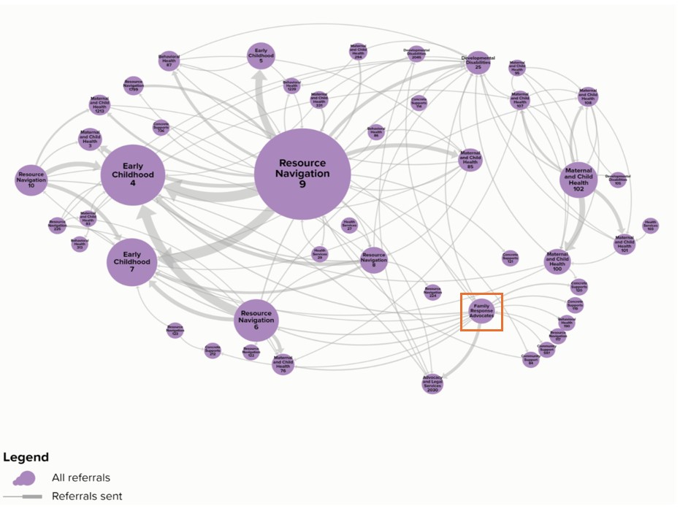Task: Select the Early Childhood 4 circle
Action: click(133, 175)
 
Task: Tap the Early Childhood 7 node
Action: click(132, 261)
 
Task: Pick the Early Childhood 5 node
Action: click(261, 56)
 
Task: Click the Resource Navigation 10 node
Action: click(31, 180)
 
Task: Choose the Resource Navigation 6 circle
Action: click(256, 320)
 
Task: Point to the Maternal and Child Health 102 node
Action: click(578, 179)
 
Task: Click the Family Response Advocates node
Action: click(481, 311)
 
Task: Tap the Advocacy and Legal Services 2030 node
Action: click(432, 383)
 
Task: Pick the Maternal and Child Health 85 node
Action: click(470, 160)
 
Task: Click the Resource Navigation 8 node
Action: click(373, 261)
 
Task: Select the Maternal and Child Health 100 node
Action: click(557, 263)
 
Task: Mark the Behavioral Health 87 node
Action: click(169, 61)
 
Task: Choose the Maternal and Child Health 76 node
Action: click(283, 363)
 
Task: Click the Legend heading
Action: click(26, 458)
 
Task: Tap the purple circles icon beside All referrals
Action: click(23, 478)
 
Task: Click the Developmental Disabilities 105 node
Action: click(618, 179)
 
